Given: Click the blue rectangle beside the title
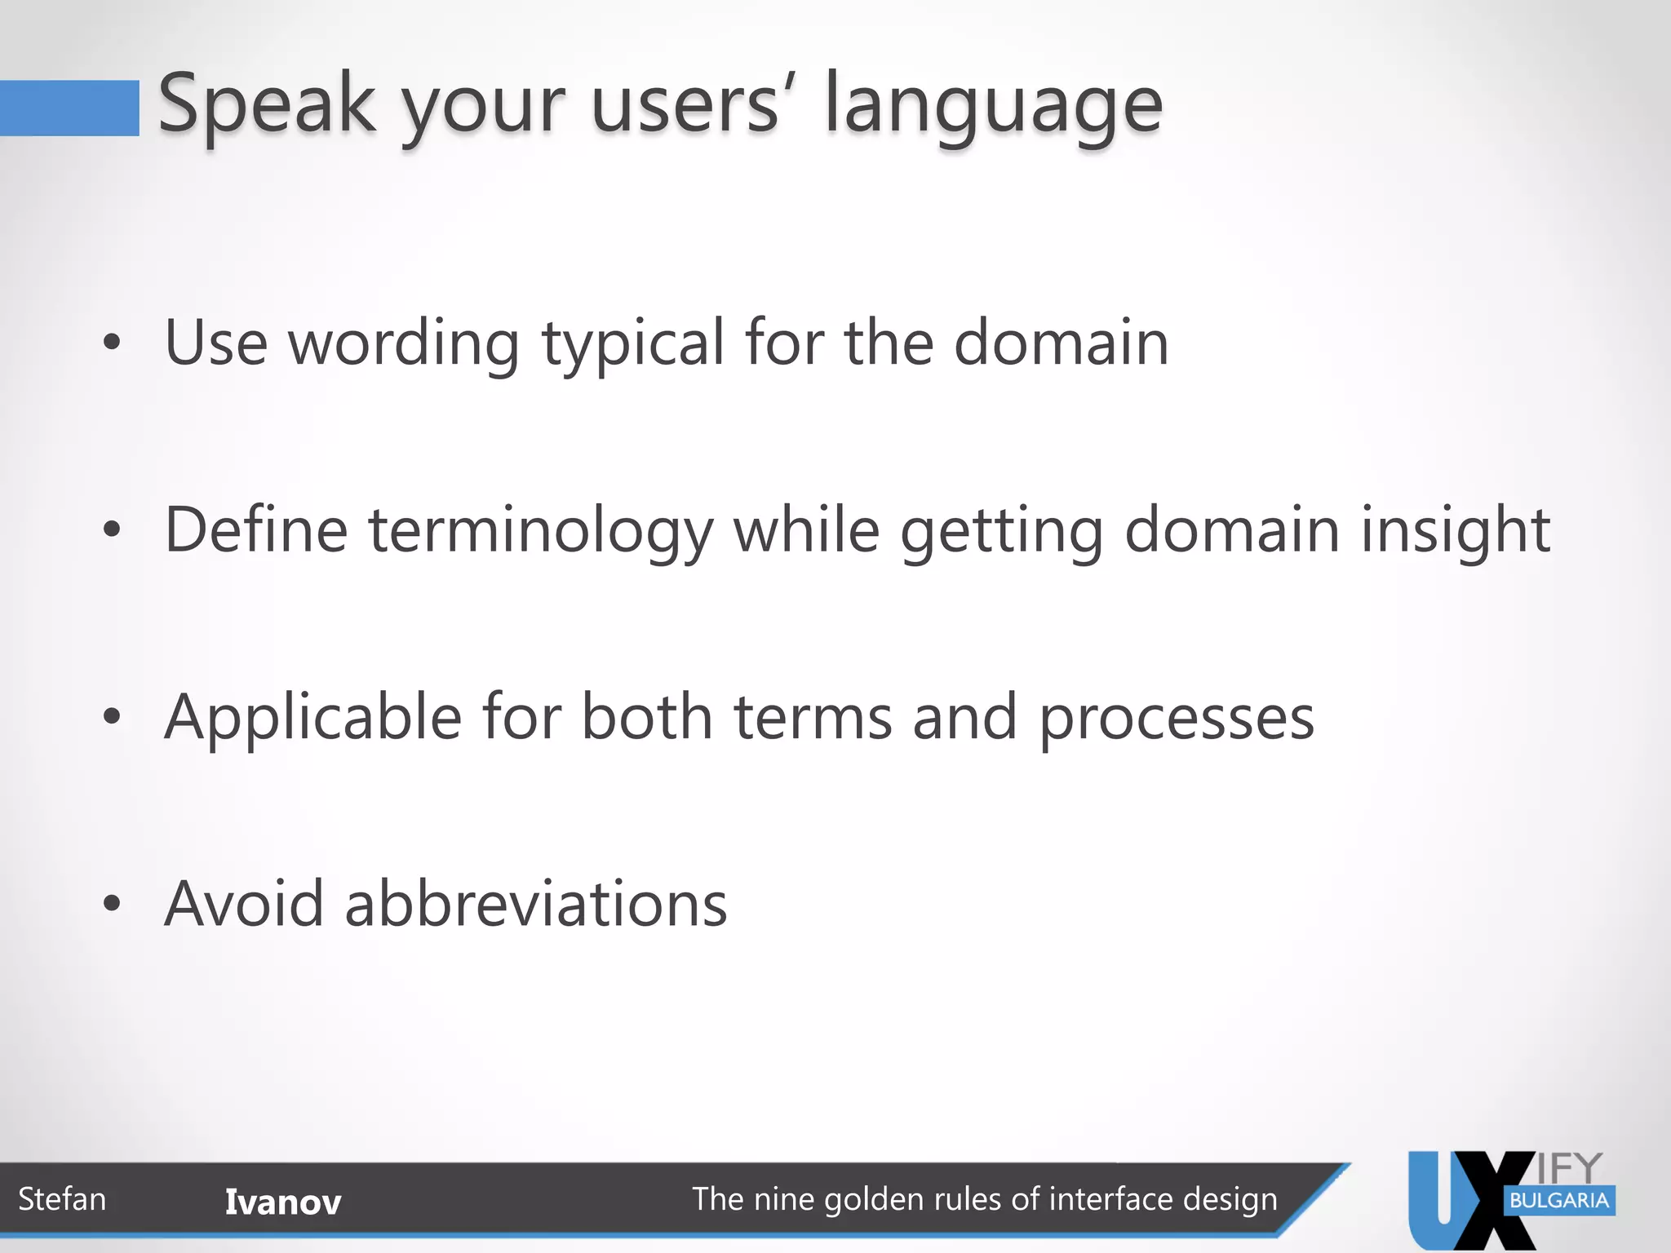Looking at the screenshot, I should pos(69,108).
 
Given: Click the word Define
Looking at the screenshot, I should pos(256,530).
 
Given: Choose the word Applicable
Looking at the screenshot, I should pos(312,718).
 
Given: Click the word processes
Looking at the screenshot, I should pos(1176,719).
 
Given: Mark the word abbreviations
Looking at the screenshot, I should pos(535,904).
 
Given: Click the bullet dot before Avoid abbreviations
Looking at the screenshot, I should pos(113,904).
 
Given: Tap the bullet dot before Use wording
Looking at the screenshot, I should pos(113,343).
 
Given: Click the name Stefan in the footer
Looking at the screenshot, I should pos(62,1199).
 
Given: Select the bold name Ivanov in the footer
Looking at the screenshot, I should pos(282,1202).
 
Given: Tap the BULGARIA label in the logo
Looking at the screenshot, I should pos(1558,1201).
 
